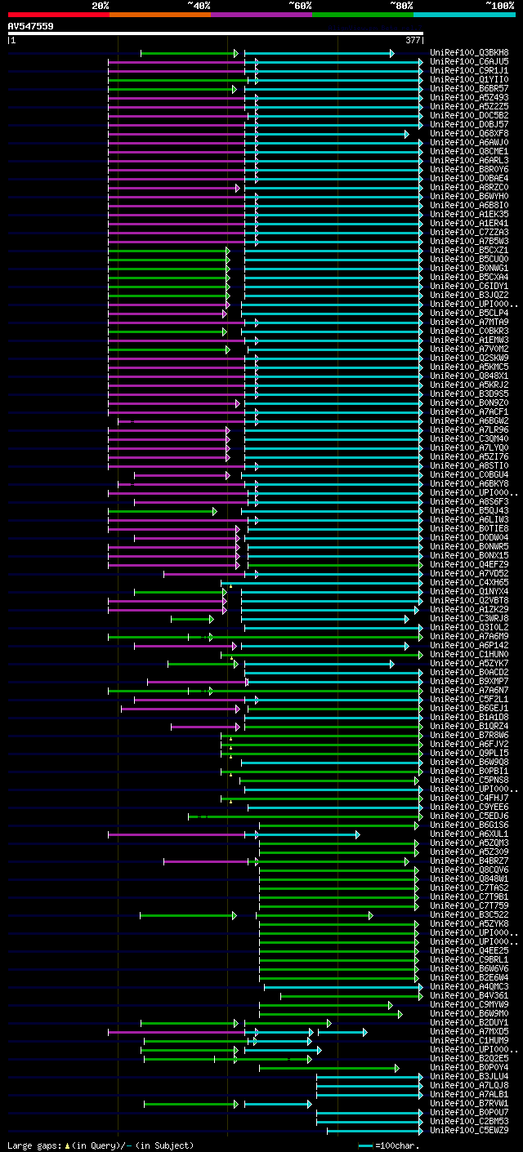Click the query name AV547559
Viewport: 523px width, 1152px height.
[x=31, y=26]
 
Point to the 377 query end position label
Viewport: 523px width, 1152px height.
[x=413, y=40]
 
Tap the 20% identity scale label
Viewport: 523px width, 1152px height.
[x=101, y=6]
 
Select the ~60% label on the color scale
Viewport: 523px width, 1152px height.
[x=300, y=6]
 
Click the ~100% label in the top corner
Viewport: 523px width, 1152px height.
[x=499, y=6]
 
